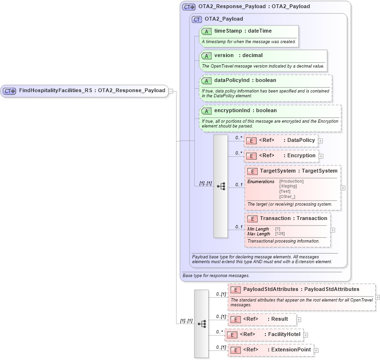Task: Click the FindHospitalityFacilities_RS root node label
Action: (55, 91)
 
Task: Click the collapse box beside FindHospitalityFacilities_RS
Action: (170, 91)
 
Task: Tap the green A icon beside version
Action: (206, 56)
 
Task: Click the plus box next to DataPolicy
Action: (321, 141)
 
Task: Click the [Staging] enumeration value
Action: (288, 186)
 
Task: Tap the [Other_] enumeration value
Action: (287, 197)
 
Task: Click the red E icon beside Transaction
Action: (252, 219)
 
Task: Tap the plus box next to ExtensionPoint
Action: (316, 350)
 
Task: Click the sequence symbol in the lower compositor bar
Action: (202, 324)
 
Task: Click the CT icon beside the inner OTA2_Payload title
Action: (197, 19)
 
